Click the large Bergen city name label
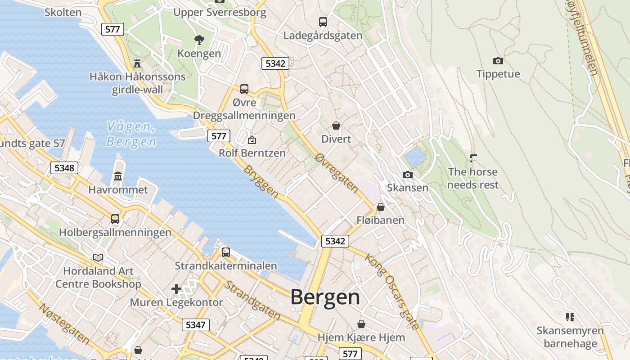tap(325, 297)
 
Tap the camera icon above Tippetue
tap(498, 61)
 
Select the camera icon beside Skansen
tap(407, 175)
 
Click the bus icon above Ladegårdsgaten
tap(323, 22)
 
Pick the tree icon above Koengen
tap(199, 40)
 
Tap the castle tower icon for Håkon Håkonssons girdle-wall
tap(137, 63)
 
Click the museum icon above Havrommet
tap(118, 176)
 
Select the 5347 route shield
tap(196, 324)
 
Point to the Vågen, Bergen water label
tap(131, 134)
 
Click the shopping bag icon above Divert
tap(336, 126)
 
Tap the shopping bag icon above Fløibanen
tap(380, 207)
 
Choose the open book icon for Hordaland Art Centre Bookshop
tap(98, 257)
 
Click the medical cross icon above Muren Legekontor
tap(176, 288)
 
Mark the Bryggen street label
tap(261, 181)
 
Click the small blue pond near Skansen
tap(415, 157)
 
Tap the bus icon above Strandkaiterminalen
tap(225, 252)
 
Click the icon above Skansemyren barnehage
tap(570, 317)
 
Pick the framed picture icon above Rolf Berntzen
tap(252, 140)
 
